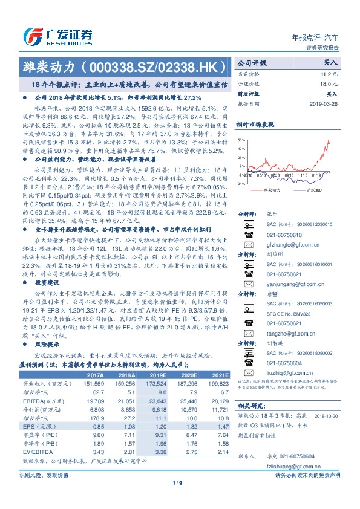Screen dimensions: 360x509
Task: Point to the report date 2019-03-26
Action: click(x=324, y=103)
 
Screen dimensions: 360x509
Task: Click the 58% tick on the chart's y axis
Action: click(x=241, y=139)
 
